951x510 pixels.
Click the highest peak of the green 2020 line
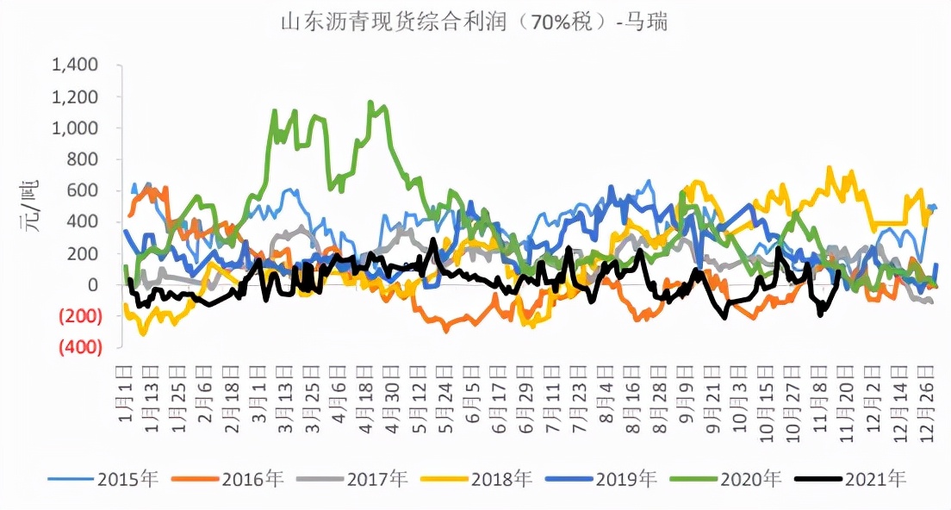370,103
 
